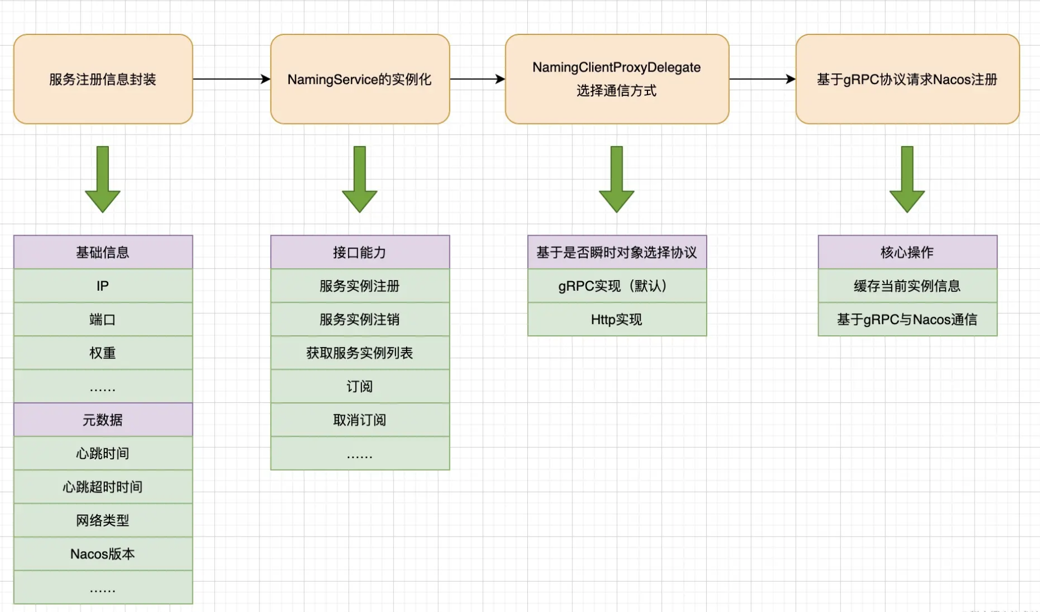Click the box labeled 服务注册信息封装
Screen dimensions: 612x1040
103,79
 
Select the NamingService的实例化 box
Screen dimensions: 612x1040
360,79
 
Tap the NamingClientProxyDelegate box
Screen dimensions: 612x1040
616,79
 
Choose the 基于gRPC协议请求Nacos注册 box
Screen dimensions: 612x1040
907,79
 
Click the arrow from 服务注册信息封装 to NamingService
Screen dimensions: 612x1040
231,79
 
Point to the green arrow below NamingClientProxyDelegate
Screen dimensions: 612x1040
616,179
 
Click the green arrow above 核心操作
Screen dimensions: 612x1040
907,179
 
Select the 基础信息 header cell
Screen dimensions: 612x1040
103,252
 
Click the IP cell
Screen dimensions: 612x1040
103,286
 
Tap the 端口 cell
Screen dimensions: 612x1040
103,320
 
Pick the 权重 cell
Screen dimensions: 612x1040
103,353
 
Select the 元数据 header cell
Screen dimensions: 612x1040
103,420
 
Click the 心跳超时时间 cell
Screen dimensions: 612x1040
103,487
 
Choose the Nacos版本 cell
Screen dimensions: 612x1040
103,554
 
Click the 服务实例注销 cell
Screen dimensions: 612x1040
360,320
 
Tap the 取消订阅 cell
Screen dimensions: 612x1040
360,420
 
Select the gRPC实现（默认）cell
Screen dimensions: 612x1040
616,286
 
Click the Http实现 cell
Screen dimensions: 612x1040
616,320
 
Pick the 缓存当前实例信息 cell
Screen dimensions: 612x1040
907,286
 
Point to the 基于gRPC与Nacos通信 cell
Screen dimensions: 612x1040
907,320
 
